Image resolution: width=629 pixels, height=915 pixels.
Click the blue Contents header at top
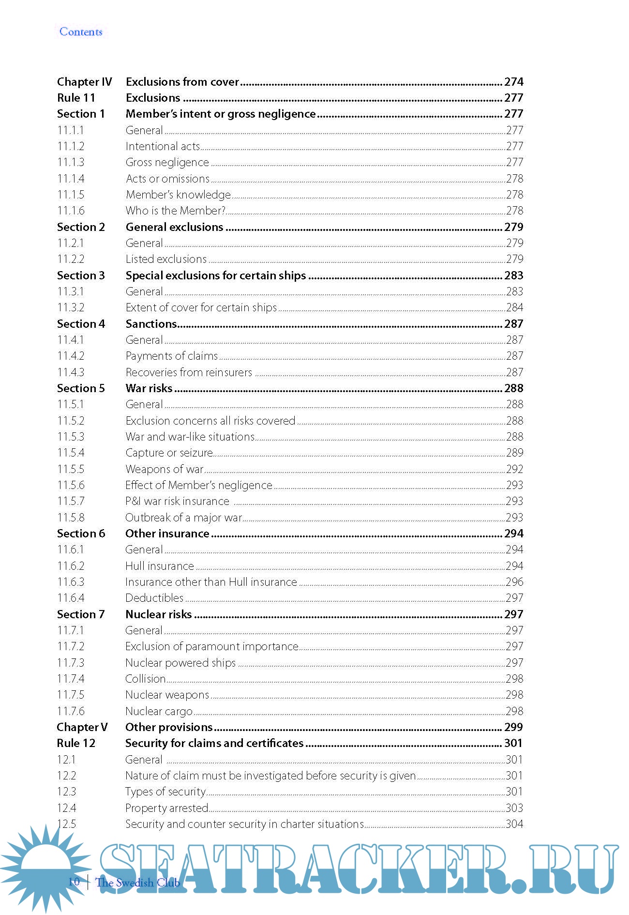81,32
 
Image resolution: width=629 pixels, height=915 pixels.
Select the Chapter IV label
84,82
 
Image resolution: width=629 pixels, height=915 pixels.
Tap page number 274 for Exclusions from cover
513,82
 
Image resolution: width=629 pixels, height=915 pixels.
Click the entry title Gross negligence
167,162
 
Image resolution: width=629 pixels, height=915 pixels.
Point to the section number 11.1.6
71,211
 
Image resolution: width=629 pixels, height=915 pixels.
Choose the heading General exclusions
174,227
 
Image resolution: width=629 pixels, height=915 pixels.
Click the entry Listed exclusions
166,259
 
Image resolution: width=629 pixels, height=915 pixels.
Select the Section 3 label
81,275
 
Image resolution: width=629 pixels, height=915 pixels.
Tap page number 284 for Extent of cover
514,307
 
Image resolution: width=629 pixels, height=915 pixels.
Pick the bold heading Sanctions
151,324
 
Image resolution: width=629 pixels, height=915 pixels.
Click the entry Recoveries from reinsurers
189,372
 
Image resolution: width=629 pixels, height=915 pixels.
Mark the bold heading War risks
149,388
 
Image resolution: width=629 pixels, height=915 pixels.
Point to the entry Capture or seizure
169,453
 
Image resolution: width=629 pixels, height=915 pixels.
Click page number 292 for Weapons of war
514,469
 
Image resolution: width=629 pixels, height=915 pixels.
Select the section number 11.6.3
71,582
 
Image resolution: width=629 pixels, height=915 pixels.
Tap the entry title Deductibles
154,598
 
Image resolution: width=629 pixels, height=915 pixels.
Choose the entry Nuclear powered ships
180,663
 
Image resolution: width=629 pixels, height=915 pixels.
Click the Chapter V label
82,727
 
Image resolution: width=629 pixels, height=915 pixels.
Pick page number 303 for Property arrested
514,808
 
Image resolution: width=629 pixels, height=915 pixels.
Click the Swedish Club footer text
138,883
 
